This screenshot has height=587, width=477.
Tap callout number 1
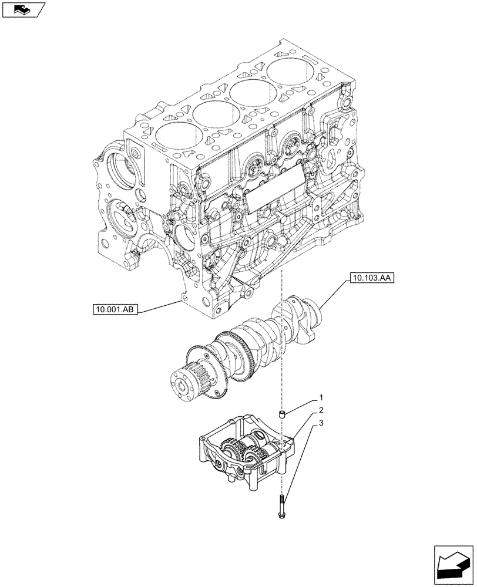[x=321, y=397]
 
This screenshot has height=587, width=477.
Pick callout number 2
[x=321, y=410]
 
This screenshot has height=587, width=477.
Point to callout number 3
[x=321, y=423]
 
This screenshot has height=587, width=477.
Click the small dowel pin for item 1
[x=281, y=416]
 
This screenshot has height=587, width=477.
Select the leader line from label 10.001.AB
[x=159, y=306]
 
